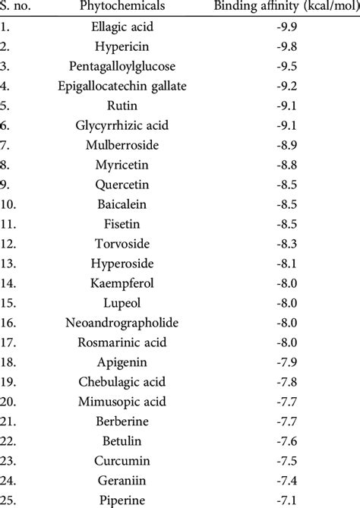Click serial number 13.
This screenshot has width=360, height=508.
coord(11,263)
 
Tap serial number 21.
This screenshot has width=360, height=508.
coord(11,421)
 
